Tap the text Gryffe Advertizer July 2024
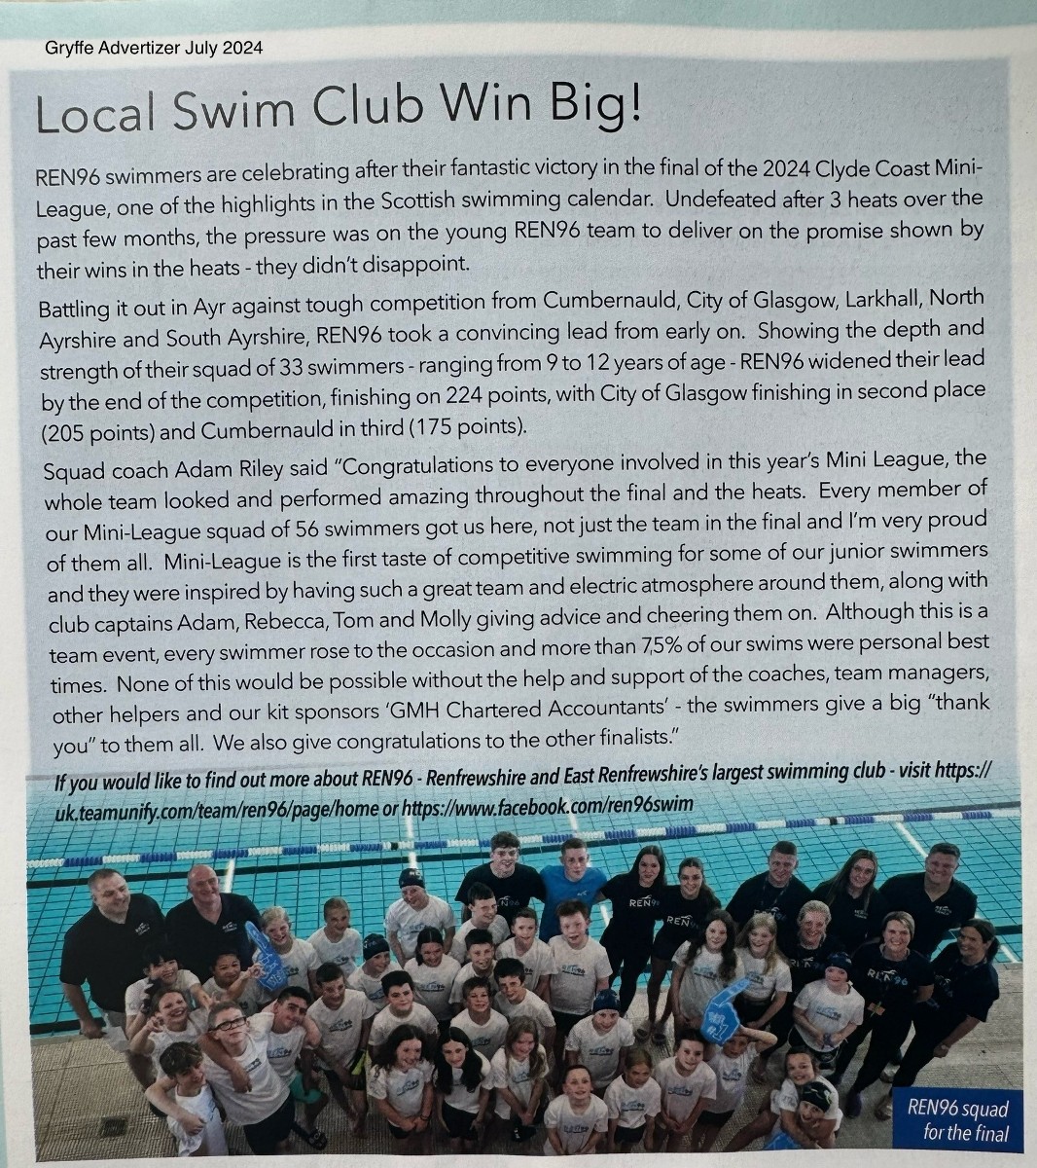click(154, 48)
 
